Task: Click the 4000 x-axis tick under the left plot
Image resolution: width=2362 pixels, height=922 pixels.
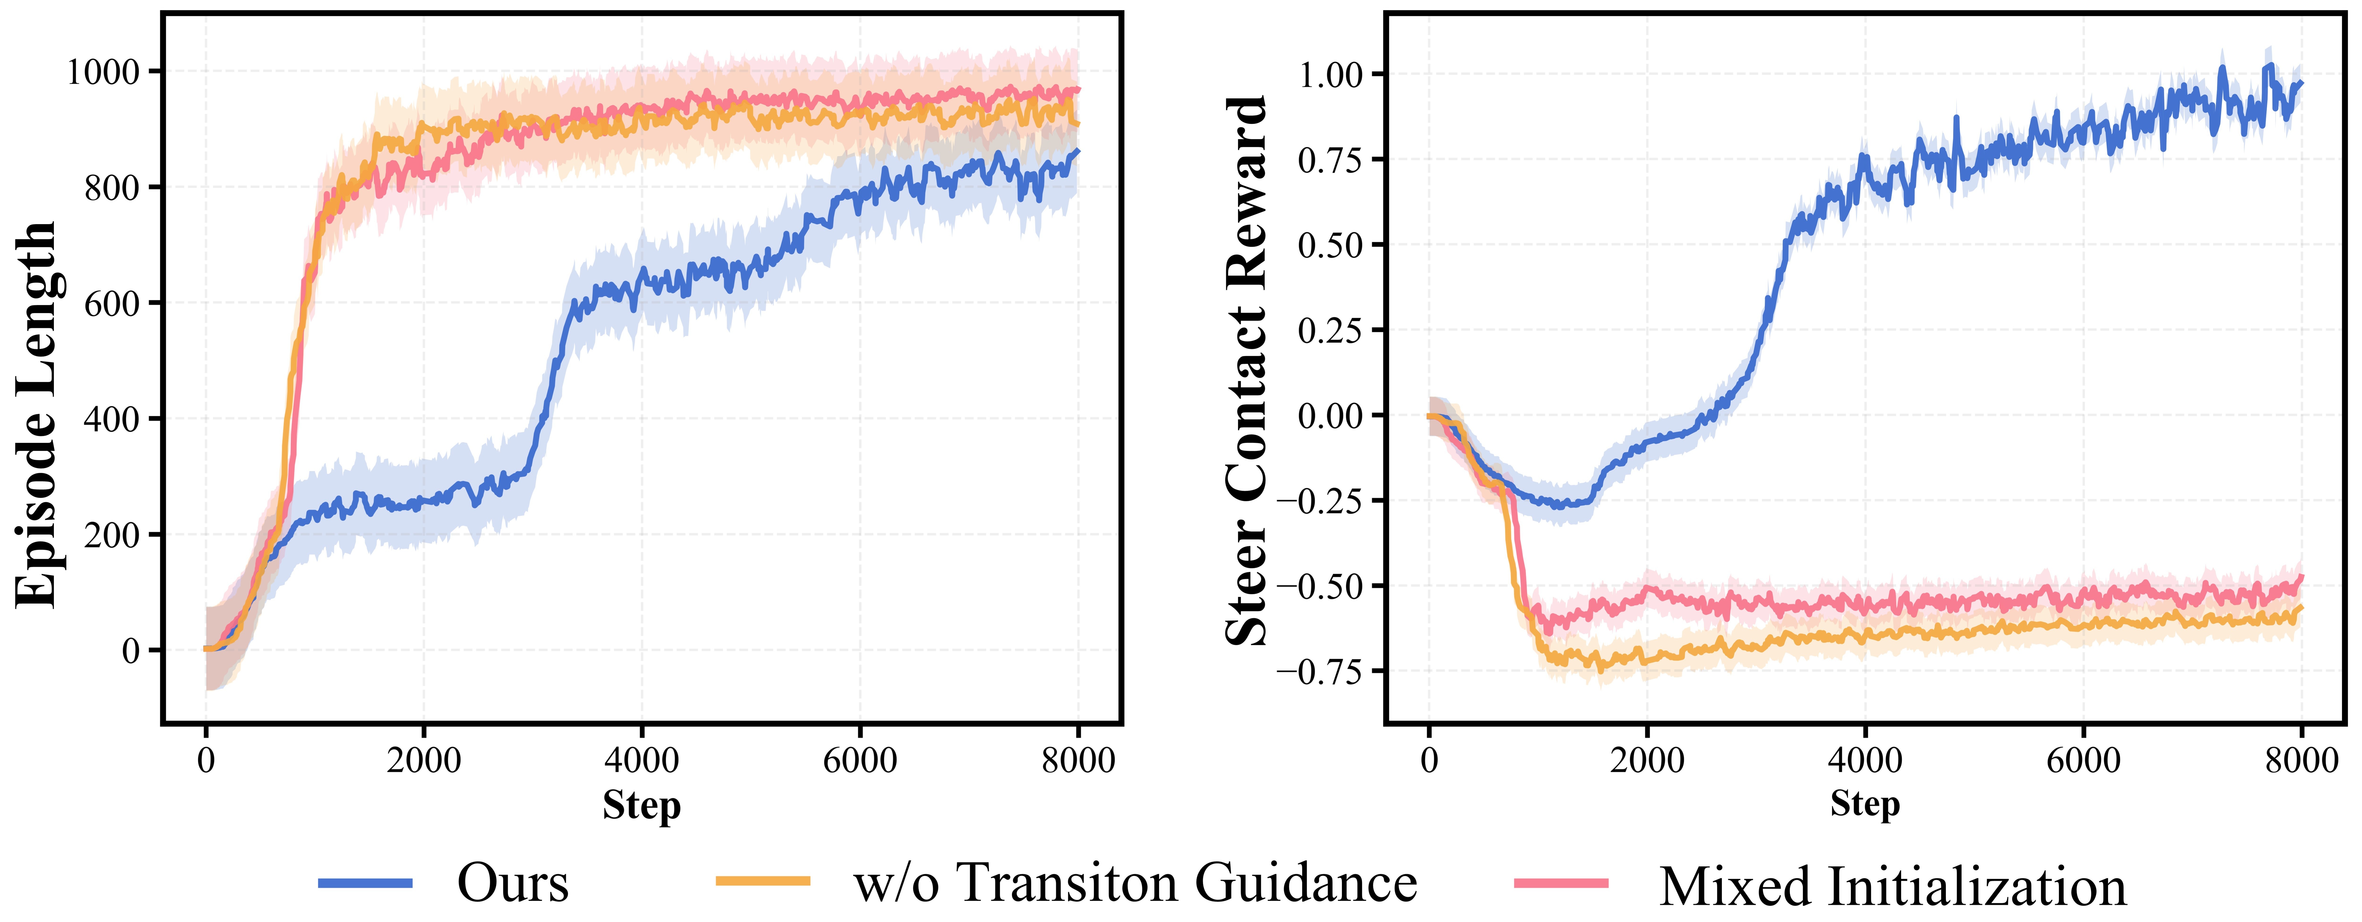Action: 641,761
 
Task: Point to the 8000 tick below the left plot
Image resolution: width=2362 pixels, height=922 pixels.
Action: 1078,761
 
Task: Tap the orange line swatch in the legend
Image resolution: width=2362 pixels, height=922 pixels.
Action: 763,882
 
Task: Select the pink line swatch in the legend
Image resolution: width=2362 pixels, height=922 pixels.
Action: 1562,884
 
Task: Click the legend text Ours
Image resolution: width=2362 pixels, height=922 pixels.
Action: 513,884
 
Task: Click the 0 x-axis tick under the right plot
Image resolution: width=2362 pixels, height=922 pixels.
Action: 1429,761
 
